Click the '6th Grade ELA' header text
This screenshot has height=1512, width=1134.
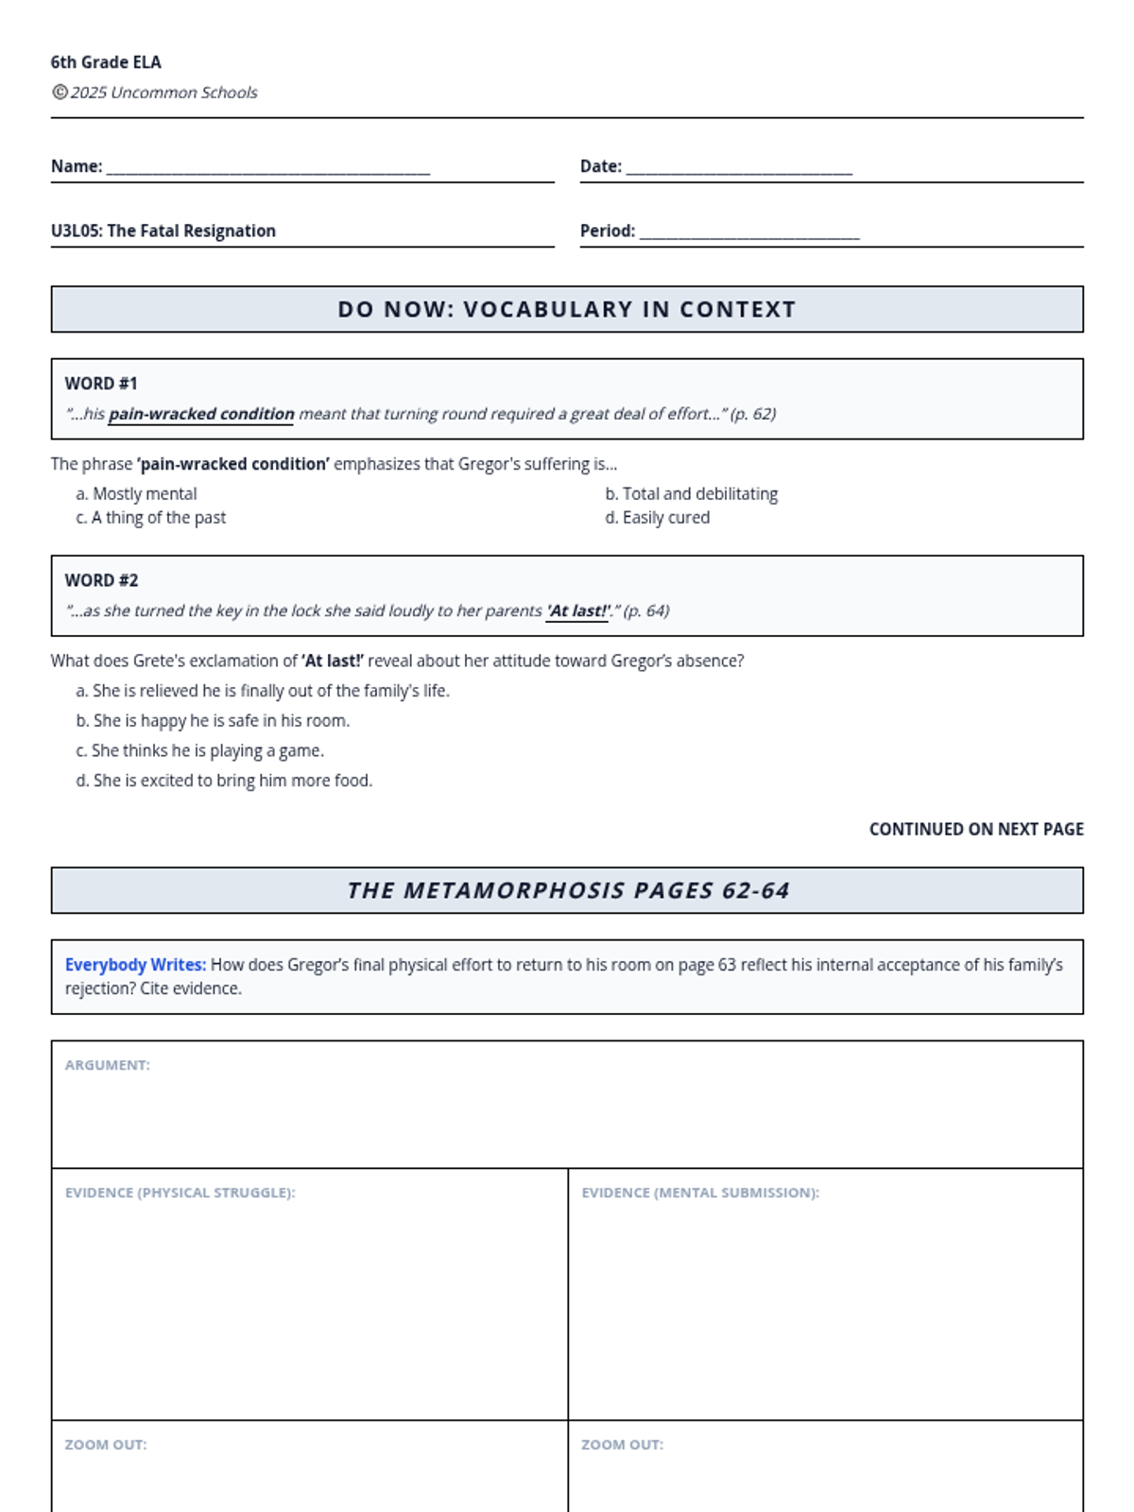pyautogui.click(x=106, y=62)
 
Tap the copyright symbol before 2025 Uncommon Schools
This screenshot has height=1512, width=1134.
pyautogui.click(x=60, y=92)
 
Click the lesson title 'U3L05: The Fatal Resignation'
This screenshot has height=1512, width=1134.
pyautogui.click(x=163, y=231)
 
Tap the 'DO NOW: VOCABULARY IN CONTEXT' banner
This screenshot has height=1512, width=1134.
pyautogui.click(x=567, y=309)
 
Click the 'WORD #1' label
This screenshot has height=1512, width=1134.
pyautogui.click(x=101, y=384)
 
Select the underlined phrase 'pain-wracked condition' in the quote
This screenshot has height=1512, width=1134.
pyautogui.click(x=201, y=414)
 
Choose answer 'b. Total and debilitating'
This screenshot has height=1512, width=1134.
pyautogui.click(x=692, y=493)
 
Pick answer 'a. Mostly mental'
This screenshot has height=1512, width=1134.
pyautogui.click(x=137, y=493)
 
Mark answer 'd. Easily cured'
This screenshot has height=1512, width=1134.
pyautogui.click(x=658, y=518)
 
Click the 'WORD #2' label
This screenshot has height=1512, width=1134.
pyautogui.click(x=101, y=580)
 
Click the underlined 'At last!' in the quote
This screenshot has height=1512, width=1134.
pyautogui.click(x=577, y=610)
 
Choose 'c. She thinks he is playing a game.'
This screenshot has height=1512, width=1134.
pyautogui.click(x=200, y=750)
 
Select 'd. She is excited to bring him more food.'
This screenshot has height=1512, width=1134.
pyautogui.click(x=225, y=781)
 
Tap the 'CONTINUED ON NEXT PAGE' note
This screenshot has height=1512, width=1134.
pyautogui.click(x=976, y=829)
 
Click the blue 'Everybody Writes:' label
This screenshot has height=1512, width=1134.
pyautogui.click(x=135, y=965)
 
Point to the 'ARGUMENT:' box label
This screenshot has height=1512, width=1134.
pyautogui.click(x=108, y=1065)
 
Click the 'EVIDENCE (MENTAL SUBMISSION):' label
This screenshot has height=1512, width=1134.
pyautogui.click(x=700, y=1193)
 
